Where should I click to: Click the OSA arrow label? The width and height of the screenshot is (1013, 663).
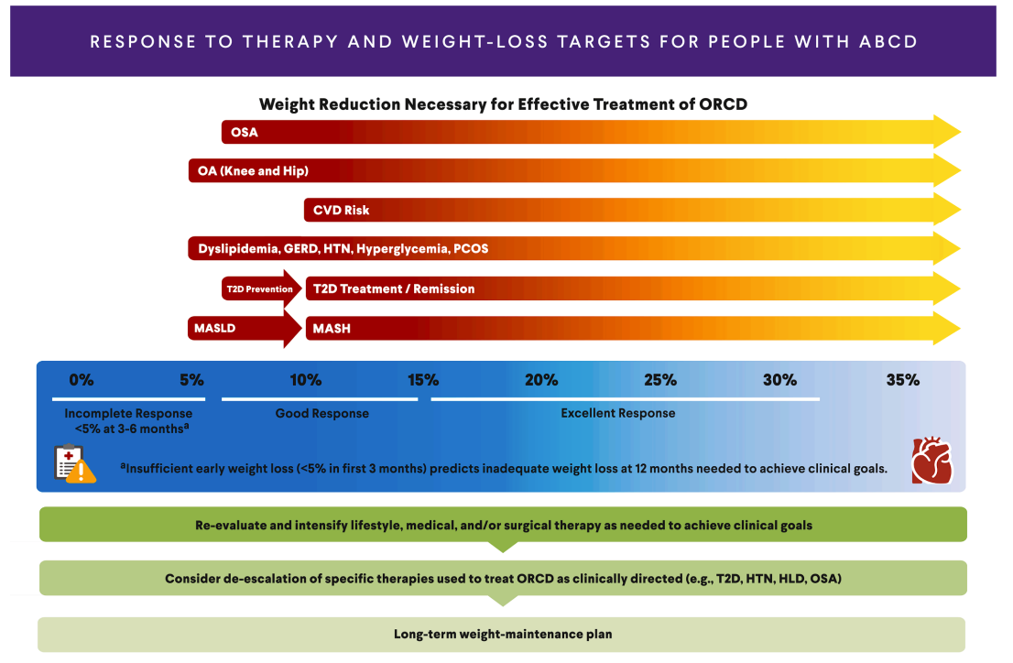tap(245, 133)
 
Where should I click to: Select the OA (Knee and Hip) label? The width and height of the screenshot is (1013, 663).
tap(253, 171)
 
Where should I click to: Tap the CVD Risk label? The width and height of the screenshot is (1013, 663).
tap(342, 211)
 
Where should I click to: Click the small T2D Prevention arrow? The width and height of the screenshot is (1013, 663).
tap(261, 288)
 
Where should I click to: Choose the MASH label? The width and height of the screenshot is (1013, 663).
tap(332, 328)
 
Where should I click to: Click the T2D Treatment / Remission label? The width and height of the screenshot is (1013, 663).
tap(394, 288)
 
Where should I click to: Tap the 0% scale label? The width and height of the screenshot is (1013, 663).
tap(82, 380)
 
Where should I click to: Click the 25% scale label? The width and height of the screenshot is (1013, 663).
tap(660, 380)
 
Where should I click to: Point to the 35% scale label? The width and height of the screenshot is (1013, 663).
tap(902, 380)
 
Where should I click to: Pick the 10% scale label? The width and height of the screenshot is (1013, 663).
tap(305, 380)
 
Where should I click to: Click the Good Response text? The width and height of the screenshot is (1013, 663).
tap(322, 414)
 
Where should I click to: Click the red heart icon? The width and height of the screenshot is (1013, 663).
tap(931, 461)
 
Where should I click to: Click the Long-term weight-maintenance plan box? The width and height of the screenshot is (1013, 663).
tap(502, 634)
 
